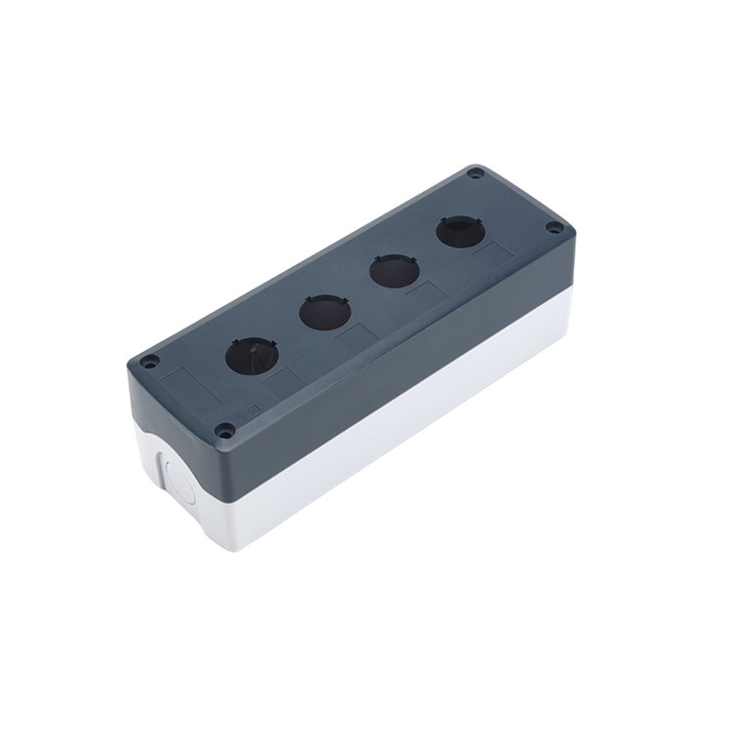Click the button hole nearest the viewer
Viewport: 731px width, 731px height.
click(x=249, y=357)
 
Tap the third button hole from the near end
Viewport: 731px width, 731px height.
click(x=390, y=271)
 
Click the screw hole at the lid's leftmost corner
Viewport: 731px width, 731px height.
click(x=149, y=363)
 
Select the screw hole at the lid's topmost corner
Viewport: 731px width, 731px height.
click(x=475, y=173)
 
